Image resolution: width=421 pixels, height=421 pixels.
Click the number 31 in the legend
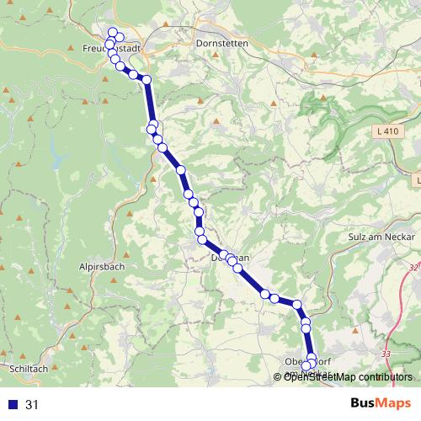(x=33, y=404)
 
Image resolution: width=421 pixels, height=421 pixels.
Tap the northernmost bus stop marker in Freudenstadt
(x=113, y=32)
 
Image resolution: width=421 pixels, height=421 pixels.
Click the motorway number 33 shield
(x=386, y=354)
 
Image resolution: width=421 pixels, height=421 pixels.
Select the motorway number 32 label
(x=413, y=267)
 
